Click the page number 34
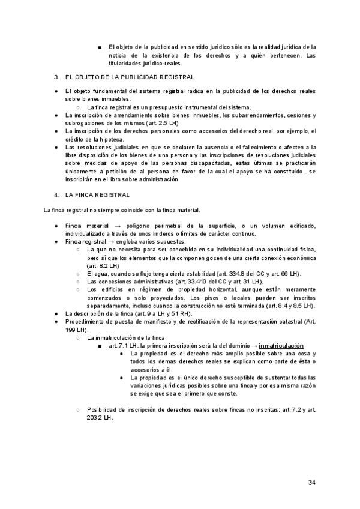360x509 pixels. coord(312,482)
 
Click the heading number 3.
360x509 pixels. coord(56,77)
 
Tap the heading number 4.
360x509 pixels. coord(56,194)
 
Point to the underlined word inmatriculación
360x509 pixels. coord(281,346)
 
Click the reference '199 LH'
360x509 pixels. coord(76,330)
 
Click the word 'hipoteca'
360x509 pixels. coord(110,139)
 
